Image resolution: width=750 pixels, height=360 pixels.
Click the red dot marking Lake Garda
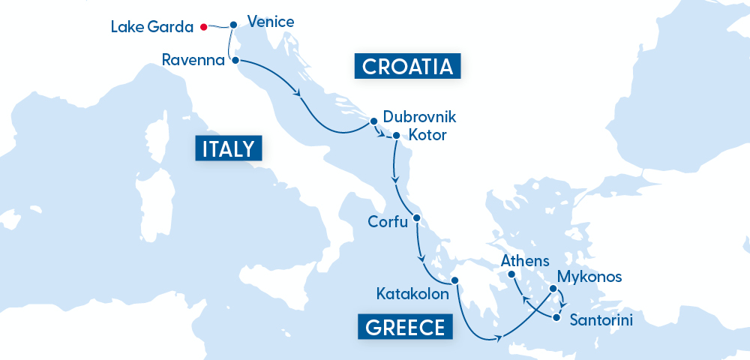coord(203,27)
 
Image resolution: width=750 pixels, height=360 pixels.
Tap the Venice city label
coord(270,22)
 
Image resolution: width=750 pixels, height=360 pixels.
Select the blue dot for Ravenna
coord(235,60)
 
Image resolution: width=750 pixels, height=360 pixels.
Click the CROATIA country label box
coord(406,67)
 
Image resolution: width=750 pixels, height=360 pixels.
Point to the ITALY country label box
coord(229,148)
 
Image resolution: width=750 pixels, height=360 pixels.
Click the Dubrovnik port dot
coord(373,120)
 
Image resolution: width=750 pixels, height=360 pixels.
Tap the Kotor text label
coord(427,136)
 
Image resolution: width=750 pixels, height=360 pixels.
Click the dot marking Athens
coord(512,275)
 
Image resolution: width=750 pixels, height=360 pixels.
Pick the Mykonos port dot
coord(553,289)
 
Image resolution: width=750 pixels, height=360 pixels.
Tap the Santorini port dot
coord(556,318)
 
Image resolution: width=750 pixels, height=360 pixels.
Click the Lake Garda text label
coord(152,27)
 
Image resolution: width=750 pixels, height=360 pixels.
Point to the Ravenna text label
coord(193,60)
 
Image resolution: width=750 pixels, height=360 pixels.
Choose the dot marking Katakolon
coord(454,281)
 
